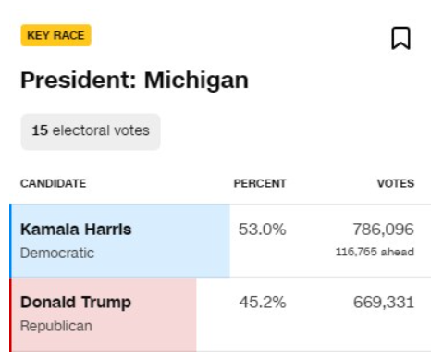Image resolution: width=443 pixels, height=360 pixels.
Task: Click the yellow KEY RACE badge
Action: coord(55,35)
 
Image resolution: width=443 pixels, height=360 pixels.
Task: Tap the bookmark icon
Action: coord(400,38)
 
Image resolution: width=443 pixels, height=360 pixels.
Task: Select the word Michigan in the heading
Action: coord(196,81)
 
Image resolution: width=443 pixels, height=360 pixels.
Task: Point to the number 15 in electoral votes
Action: coord(40,130)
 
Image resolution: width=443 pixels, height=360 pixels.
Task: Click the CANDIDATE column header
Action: coord(53,183)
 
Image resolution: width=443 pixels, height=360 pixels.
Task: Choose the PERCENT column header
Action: coord(260,183)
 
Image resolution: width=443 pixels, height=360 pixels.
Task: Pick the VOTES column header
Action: coord(396,183)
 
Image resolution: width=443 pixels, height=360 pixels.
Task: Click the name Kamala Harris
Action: coord(76,230)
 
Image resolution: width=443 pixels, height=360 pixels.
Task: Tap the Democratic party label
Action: coord(57,253)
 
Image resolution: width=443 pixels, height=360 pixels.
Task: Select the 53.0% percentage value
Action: coord(263,230)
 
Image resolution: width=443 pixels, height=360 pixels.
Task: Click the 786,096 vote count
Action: coord(383,230)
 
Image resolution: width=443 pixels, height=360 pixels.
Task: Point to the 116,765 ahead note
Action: coord(375,252)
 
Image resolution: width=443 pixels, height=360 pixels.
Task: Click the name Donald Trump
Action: coord(76,303)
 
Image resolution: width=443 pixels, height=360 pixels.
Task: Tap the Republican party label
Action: coord(56,326)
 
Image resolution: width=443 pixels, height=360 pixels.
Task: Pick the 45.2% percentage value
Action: coord(263,303)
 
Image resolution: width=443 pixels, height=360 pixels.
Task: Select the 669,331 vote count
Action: coord(384,303)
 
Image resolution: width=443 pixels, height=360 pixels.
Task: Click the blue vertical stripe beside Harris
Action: coord(11,241)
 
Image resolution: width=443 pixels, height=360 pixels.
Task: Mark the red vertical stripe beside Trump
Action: coord(11,315)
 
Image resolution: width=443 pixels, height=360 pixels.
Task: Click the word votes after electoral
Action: coord(131,130)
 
